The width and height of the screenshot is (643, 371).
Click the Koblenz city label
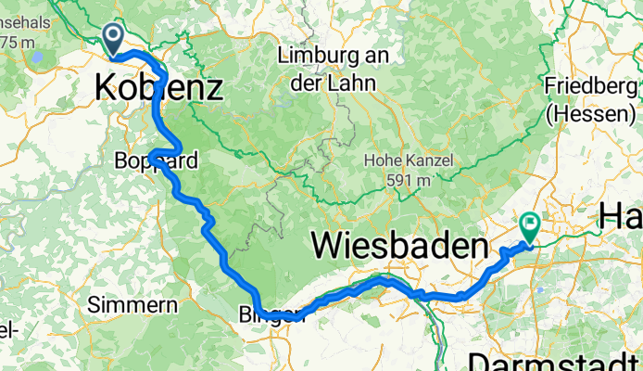[x=158, y=89]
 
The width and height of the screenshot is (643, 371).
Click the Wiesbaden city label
[x=399, y=247]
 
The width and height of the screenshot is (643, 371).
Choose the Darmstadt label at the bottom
[x=555, y=361]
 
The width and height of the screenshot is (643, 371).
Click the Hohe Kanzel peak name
[x=409, y=160]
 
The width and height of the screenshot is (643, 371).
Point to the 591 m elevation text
[x=409, y=179]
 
